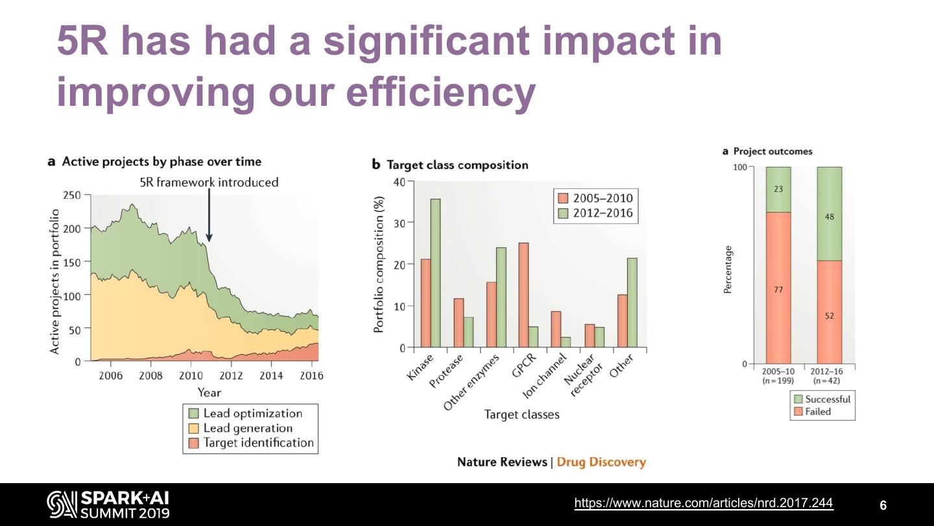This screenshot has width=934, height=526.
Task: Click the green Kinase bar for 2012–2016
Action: point(435,273)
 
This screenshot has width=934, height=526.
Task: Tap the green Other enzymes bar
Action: point(501,297)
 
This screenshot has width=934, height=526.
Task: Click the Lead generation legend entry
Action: point(247,428)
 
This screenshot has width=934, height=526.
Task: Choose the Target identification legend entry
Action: point(257,443)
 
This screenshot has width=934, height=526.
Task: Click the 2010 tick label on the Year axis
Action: point(191,375)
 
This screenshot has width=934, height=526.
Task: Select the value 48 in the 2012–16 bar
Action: point(830,217)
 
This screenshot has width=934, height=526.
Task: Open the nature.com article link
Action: point(704,503)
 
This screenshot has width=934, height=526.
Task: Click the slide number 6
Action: point(883,505)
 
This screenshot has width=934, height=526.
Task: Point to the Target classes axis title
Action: point(521,414)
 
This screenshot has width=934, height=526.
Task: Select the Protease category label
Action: point(448,371)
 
